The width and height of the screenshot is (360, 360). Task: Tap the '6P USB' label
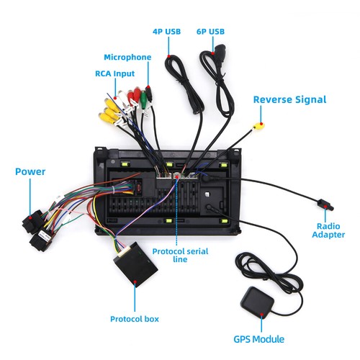[210, 32]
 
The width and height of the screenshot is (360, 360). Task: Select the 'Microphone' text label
[127, 57]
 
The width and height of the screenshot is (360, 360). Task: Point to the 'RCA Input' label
[114, 73]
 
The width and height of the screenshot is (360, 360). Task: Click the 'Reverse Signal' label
[289, 99]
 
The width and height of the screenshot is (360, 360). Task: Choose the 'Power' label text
[30, 171]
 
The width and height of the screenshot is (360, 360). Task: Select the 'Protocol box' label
[135, 318]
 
